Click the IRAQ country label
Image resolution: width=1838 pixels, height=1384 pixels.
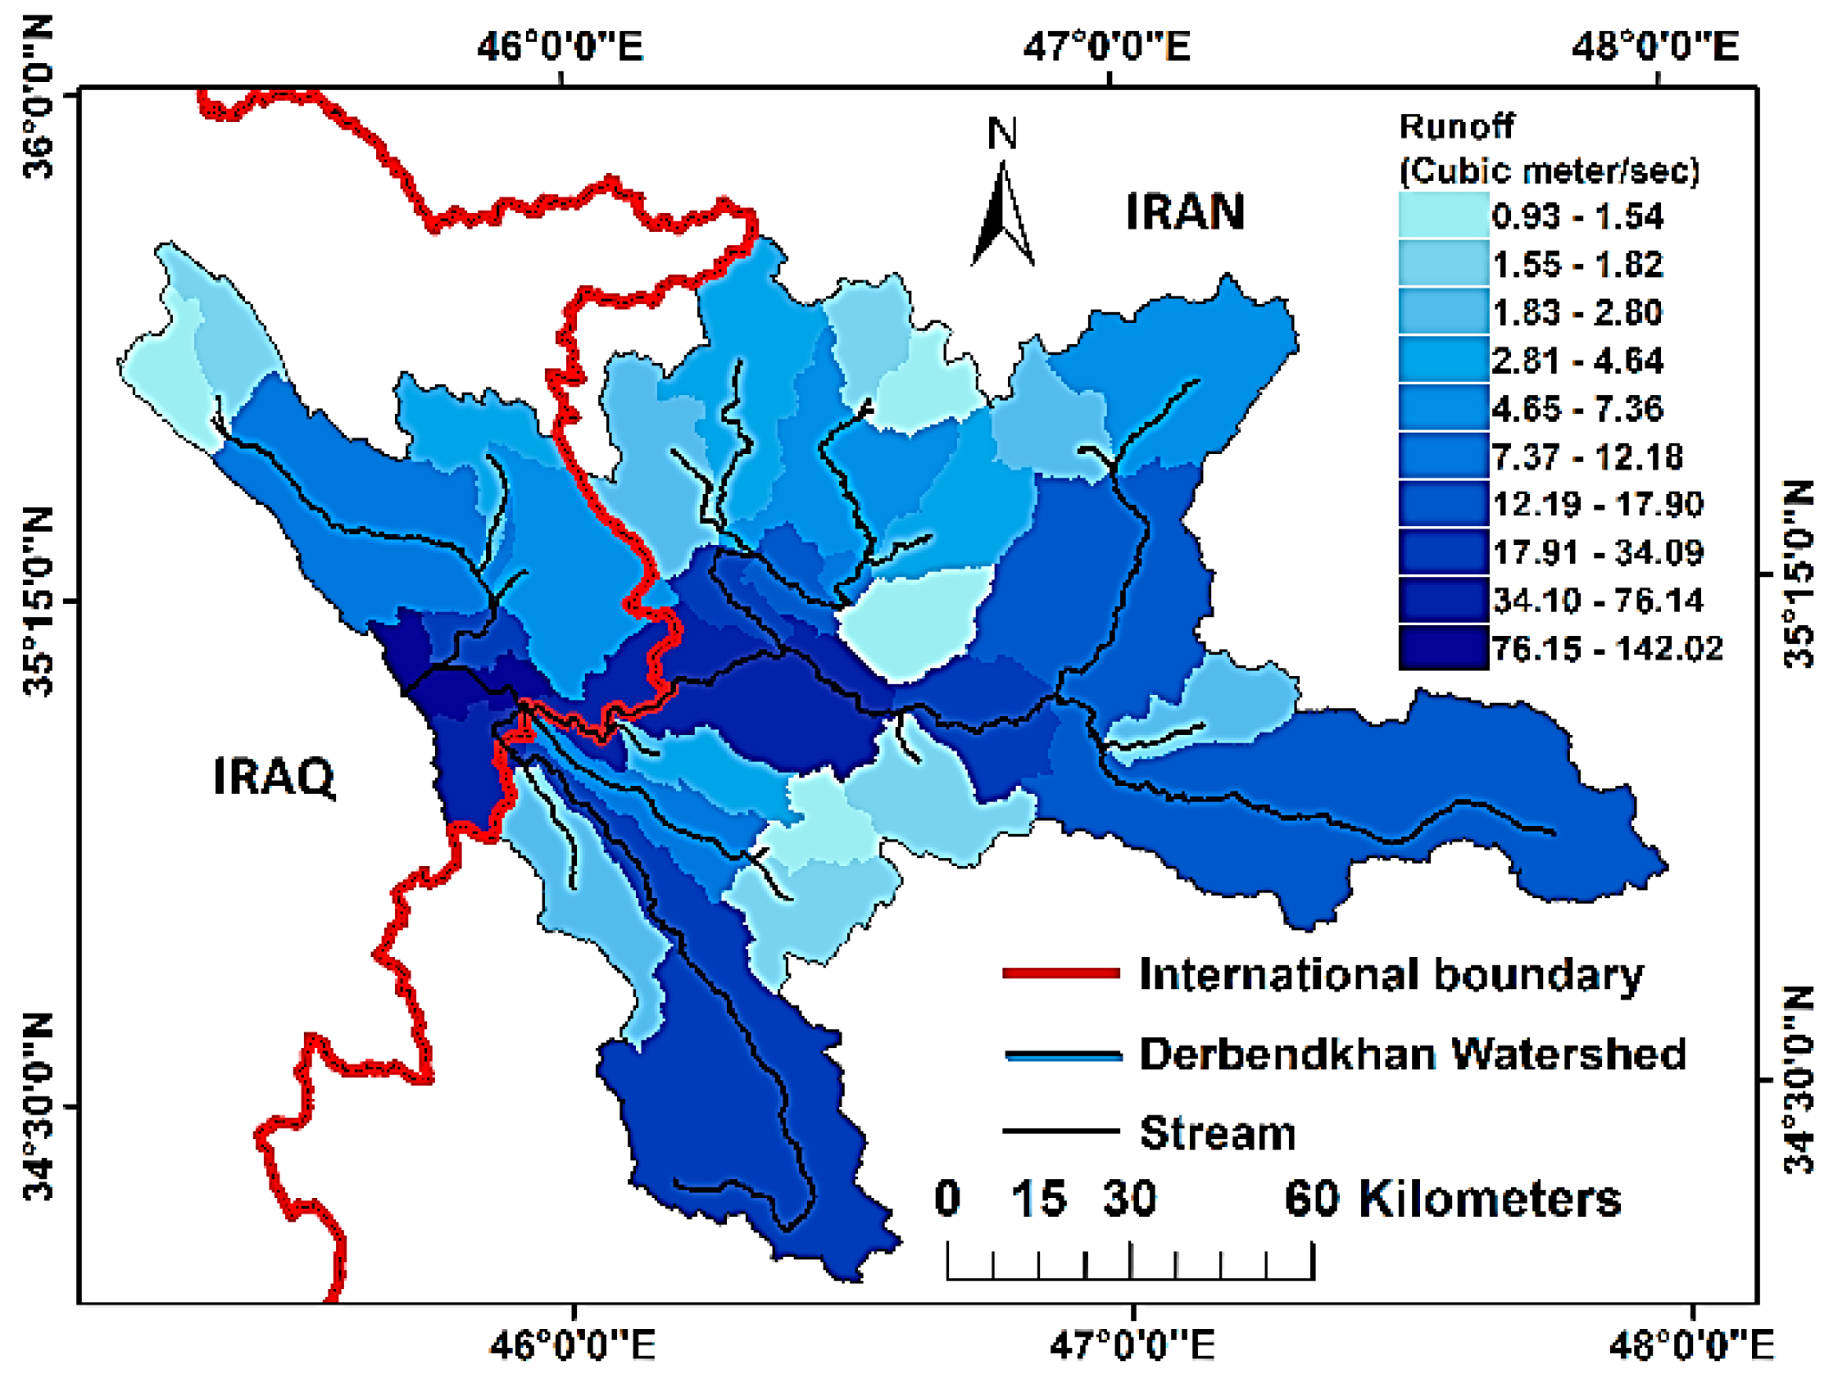(x=275, y=776)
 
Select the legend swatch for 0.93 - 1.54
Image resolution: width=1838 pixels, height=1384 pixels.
(x=1443, y=216)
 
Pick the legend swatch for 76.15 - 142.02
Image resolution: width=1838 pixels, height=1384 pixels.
(x=1443, y=648)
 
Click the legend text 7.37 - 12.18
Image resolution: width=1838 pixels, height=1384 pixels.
(x=1587, y=456)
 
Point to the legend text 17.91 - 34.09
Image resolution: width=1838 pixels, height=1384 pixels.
(x=1597, y=551)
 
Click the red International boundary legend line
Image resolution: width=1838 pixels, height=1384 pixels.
(x=1061, y=973)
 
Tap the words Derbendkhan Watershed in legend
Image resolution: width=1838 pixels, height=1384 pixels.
(x=1412, y=1055)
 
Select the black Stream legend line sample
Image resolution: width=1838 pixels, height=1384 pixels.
(x=1061, y=1132)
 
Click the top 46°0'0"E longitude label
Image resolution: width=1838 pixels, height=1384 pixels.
(x=560, y=46)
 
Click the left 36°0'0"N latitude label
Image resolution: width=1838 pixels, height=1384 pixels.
(x=39, y=98)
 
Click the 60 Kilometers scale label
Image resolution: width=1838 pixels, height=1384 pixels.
(x=1451, y=1199)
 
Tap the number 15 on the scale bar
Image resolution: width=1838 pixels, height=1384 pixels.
(x=1039, y=1199)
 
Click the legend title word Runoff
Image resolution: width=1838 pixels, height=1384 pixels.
(x=1456, y=126)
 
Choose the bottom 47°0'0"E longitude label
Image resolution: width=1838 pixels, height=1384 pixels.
(x=1132, y=1345)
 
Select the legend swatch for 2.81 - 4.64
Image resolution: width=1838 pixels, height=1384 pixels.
(x=1443, y=360)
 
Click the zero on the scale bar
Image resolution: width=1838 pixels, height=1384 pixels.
(x=947, y=1199)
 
